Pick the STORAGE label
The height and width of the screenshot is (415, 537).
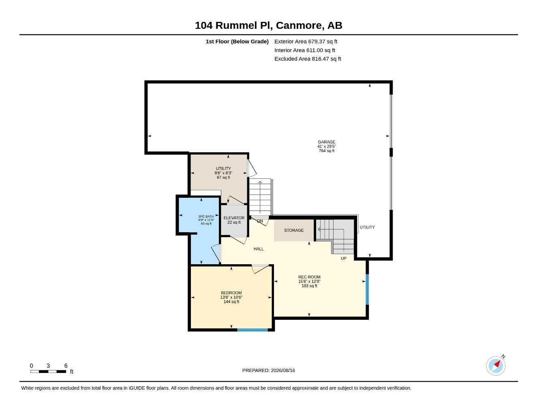(293, 230)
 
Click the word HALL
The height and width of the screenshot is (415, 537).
(259, 249)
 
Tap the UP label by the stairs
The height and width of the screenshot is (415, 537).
(344, 259)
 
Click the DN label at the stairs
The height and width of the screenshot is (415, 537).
(260, 221)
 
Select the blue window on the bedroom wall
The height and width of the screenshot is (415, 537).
(252, 330)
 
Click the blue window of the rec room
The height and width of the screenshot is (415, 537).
(367, 289)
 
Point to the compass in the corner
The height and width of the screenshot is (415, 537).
(496, 366)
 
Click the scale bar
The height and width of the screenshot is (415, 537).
(48, 372)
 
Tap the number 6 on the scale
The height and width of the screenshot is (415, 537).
(66, 366)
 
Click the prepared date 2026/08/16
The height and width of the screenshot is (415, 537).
(283, 370)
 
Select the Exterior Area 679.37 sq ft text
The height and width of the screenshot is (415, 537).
(306, 41)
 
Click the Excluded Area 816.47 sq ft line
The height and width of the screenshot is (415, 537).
(308, 59)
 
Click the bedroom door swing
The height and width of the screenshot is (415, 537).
(260, 269)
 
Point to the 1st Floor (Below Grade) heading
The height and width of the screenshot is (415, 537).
(237, 41)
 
